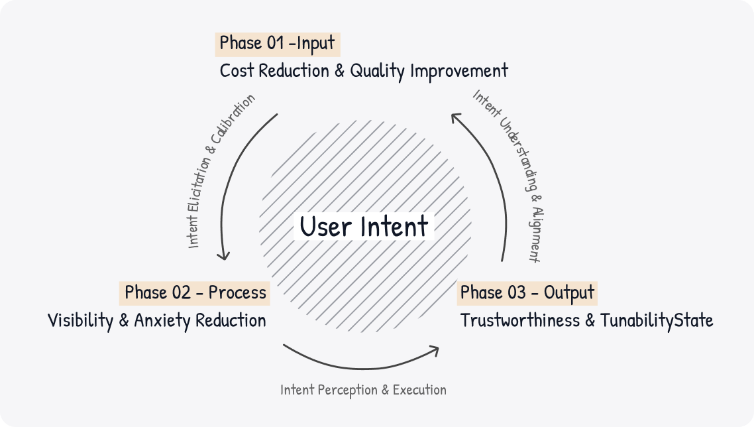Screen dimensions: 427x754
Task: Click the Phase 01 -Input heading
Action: [278, 44]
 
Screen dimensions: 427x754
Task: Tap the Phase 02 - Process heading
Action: [195, 292]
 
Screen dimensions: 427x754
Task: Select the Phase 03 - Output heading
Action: [527, 292]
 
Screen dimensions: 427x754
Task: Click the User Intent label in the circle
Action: [364, 226]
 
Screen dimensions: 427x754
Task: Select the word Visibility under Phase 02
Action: [81, 321]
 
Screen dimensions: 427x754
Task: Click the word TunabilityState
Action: [657, 321]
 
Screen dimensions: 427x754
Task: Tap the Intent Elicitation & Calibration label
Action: [221, 171]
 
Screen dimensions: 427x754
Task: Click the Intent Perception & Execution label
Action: [363, 389]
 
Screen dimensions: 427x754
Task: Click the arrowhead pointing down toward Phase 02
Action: [225, 257]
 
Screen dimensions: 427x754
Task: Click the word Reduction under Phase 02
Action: [230, 321]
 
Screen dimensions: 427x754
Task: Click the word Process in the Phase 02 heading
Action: [237, 292]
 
